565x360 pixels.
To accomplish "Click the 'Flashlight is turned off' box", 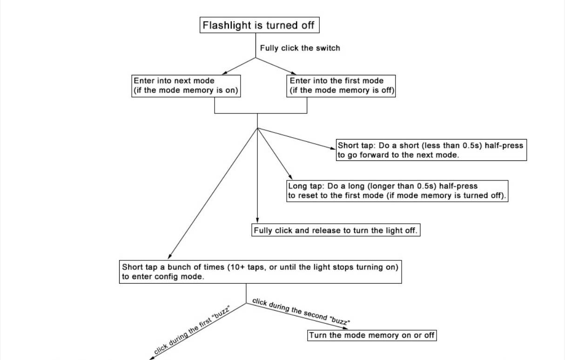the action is [260, 25].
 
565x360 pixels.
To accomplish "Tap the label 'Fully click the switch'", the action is [300, 48].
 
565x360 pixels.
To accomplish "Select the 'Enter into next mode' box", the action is [186, 86].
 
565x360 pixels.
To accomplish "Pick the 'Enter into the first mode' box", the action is [341, 86].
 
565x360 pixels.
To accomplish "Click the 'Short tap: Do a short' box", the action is [431, 150].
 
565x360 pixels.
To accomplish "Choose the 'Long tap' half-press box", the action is [397, 191].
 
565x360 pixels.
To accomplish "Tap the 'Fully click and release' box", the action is [336, 230].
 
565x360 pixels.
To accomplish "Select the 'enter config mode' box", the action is [260, 272].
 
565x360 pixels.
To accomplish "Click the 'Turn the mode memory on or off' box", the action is [372, 335].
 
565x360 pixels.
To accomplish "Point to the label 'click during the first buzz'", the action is [192, 330].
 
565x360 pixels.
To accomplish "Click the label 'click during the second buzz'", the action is [301, 311].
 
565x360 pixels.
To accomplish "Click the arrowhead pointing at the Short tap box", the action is [333, 148].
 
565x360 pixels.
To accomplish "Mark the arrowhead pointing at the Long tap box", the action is [290, 177].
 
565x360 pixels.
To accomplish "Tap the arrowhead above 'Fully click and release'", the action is [257, 220].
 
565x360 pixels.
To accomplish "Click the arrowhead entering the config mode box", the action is [169, 256].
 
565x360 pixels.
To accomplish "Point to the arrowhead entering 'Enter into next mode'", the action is [225, 73].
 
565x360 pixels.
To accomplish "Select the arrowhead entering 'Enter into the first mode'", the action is [294, 73].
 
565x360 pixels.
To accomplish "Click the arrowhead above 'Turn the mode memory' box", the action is [345, 328].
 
